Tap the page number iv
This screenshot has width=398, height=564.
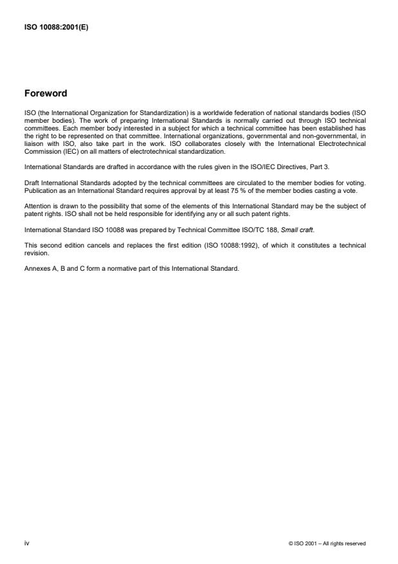pyautogui.click(x=26, y=543)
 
